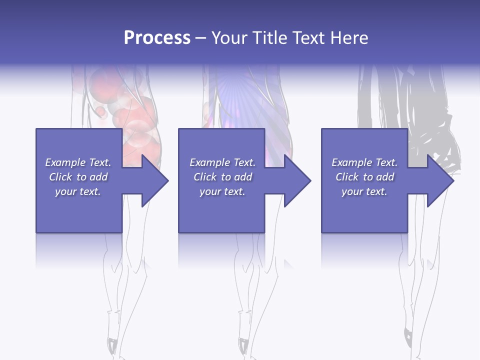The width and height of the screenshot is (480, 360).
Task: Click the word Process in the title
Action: click(157, 38)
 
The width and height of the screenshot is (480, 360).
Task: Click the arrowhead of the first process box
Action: click(155, 181)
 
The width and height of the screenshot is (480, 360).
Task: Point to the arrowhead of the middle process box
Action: click(297, 181)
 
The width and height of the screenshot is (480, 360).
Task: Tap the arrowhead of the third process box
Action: click(440, 181)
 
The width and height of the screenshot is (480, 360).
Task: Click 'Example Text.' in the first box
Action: click(78, 162)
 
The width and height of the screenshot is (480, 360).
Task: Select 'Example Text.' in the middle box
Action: click(222, 162)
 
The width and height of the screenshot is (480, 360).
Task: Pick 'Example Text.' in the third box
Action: click(364, 162)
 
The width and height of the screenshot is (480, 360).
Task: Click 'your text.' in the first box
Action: click(78, 191)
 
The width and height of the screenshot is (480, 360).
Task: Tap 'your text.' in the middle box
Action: click(222, 191)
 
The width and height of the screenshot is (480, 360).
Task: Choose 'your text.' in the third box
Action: click(364, 191)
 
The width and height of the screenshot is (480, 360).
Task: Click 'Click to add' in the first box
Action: click(78, 177)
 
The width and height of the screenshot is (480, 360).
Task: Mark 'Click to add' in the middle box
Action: click(222, 177)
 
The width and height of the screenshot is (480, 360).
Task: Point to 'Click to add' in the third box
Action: click(364, 177)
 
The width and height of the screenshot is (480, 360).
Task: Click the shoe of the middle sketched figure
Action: click(243, 345)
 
